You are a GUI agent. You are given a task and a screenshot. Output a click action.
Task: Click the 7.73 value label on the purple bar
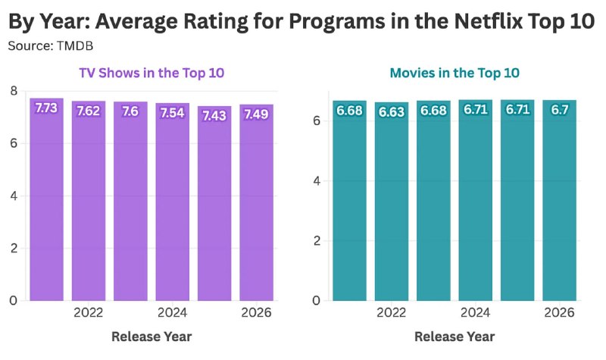[46, 108]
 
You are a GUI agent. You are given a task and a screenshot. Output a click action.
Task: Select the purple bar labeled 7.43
[214, 203]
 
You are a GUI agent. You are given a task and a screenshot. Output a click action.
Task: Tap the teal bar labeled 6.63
[392, 202]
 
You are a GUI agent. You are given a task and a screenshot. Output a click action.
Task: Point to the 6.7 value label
[559, 110]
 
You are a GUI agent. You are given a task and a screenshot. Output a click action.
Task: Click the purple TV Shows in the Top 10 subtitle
[151, 73]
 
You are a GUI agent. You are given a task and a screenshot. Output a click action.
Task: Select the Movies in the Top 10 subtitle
[454, 73]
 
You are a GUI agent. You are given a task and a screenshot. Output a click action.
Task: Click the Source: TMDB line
[51, 46]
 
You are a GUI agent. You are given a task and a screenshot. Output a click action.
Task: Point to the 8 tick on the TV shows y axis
[14, 91]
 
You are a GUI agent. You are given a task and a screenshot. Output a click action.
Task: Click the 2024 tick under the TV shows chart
[173, 312]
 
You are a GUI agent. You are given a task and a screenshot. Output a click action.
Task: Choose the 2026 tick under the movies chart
[559, 312]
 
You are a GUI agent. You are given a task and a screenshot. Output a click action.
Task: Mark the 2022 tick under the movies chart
[392, 312]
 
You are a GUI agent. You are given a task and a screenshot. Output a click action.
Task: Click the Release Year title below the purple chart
[151, 337]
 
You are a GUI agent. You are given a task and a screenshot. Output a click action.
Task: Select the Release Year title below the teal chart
[454, 337]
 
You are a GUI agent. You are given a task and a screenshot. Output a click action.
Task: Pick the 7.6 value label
[130, 111]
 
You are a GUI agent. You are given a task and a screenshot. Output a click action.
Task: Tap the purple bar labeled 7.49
[256, 202]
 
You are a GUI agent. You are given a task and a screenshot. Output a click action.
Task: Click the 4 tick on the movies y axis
[317, 181]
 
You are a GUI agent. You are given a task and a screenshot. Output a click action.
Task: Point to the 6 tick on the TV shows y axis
[14, 143]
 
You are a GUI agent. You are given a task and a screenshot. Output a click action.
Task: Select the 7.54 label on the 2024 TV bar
[173, 113]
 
